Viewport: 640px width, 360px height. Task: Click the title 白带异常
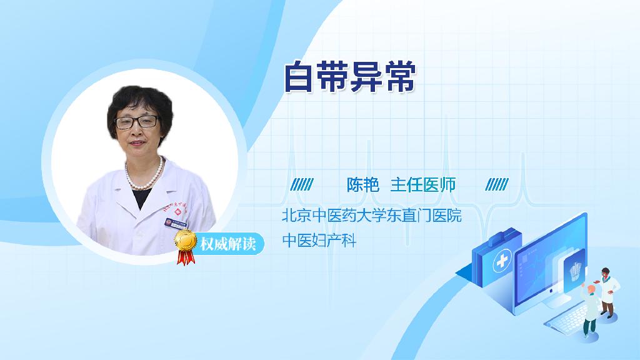pos(350,77)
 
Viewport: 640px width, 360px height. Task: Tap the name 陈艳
pos(363,185)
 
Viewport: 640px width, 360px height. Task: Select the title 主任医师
pos(423,185)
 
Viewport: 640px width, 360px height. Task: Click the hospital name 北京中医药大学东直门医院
pos(371,215)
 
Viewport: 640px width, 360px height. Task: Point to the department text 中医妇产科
pos(319,241)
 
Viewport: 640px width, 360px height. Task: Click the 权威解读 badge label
pos(227,244)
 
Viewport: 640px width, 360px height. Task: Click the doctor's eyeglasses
pos(137,122)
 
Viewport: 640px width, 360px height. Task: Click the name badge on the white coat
pos(176,223)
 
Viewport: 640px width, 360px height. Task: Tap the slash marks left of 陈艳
pos(302,184)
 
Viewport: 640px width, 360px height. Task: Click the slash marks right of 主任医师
pos(497,184)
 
